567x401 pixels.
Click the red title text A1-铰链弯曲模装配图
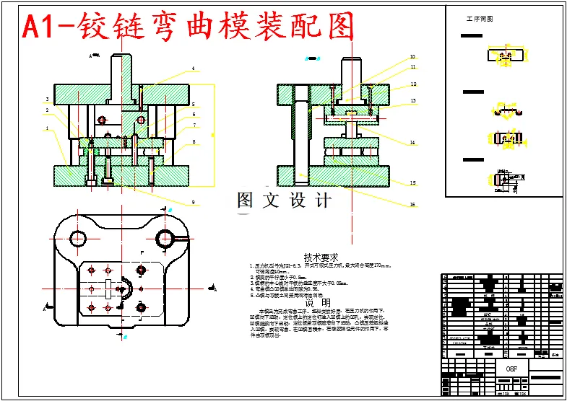[x=189, y=27]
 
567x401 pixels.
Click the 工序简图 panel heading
[x=480, y=19]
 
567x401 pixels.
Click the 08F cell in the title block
[x=512, y=368]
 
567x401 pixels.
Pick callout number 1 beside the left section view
[x=47, y=129]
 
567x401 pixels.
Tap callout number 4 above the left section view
[x=194, y=69]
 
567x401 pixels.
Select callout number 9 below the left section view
[x=194, y=201]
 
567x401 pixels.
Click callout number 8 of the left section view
[x=194, y=143]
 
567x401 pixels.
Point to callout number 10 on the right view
[x=412, y=56]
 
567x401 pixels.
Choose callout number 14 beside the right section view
[x=412, y=143]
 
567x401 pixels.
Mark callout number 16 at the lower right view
[x=412, y=204]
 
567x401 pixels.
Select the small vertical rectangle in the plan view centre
[x=108, y=291]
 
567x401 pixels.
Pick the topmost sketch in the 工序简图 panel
[x=499, y=56]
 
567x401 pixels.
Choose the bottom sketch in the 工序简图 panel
[x=502, y=180]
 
